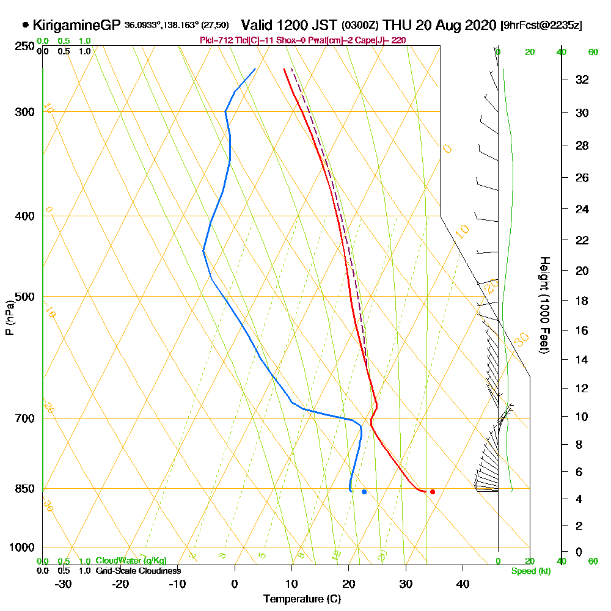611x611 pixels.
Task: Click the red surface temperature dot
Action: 432,491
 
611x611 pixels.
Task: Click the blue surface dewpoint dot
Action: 364,491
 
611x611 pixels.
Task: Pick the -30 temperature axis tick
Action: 64,584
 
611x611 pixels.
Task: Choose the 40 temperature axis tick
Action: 463,584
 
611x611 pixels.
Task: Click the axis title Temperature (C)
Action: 302,599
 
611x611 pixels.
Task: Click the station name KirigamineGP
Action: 76,25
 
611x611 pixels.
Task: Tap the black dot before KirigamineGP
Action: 25,25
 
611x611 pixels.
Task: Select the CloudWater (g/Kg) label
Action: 131,560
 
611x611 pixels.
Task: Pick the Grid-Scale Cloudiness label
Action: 138,571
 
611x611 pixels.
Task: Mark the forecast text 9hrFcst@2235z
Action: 541,26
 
